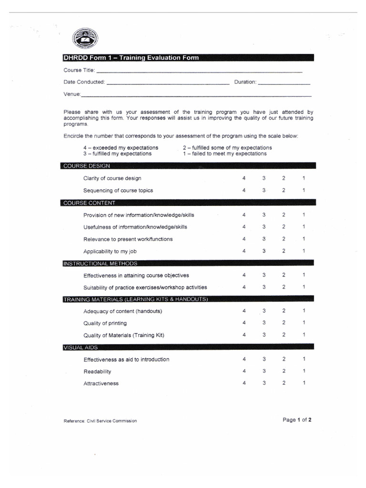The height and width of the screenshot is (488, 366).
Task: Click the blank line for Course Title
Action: coord(199,71)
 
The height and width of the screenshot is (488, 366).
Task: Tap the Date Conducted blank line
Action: coord(168,83)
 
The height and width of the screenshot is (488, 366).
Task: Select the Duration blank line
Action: coord(284,83)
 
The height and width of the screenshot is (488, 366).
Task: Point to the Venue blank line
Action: coord(196,96)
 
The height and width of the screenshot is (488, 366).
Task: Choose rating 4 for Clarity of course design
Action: coord(244,178)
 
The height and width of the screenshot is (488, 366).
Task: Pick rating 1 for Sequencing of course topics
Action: coord(304,190)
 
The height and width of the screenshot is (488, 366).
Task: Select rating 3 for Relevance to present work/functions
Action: coord(264,239)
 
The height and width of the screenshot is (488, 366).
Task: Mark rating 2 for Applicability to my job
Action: coord(284,251)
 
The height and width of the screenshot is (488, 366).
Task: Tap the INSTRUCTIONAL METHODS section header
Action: coord(101,263)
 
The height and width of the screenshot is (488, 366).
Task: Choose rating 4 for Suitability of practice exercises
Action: coord(244,287)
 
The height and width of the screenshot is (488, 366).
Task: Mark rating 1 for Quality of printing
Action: coord(304,323)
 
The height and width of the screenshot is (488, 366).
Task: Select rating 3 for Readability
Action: coord(264,371)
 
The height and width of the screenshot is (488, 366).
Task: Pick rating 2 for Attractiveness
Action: coord(284,383)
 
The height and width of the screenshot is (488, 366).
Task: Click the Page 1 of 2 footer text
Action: coord(297,420)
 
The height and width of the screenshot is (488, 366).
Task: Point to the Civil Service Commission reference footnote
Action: coord(100,421)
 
